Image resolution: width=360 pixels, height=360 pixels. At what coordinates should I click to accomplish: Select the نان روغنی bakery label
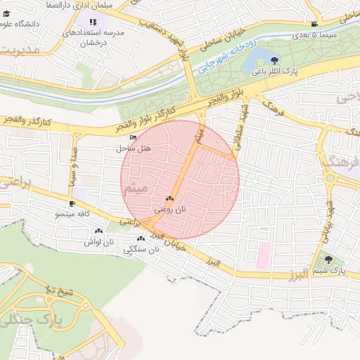point(171,210)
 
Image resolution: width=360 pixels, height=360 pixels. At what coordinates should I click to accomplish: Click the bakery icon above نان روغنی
point(170,199)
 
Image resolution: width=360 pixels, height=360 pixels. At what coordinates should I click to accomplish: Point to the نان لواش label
point(98,241)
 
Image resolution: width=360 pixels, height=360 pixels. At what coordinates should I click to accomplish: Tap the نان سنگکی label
point(139,250)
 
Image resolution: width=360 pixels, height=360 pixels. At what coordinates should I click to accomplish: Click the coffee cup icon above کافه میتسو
point(72,203)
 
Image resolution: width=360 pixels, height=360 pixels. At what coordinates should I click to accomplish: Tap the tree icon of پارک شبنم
point(328,259)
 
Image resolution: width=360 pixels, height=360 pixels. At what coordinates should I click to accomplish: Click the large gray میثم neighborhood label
point(135,189)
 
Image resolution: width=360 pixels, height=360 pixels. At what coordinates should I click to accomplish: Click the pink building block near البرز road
point(262,255)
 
